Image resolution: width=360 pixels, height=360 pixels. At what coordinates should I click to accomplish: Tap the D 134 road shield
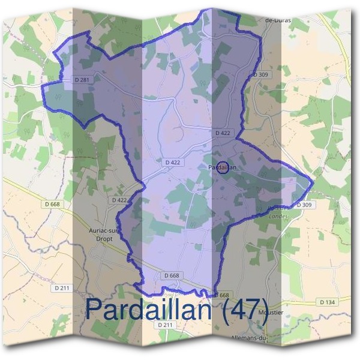point(326,302)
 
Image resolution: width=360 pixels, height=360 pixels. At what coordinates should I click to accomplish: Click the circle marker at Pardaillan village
point(222,169)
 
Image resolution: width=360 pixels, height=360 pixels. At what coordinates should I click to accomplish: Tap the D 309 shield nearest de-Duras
point(260,74)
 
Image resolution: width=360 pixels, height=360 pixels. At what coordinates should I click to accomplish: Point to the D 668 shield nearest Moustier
point(221,295)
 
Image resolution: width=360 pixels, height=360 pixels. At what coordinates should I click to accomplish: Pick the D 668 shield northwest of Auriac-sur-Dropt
point(52,205)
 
